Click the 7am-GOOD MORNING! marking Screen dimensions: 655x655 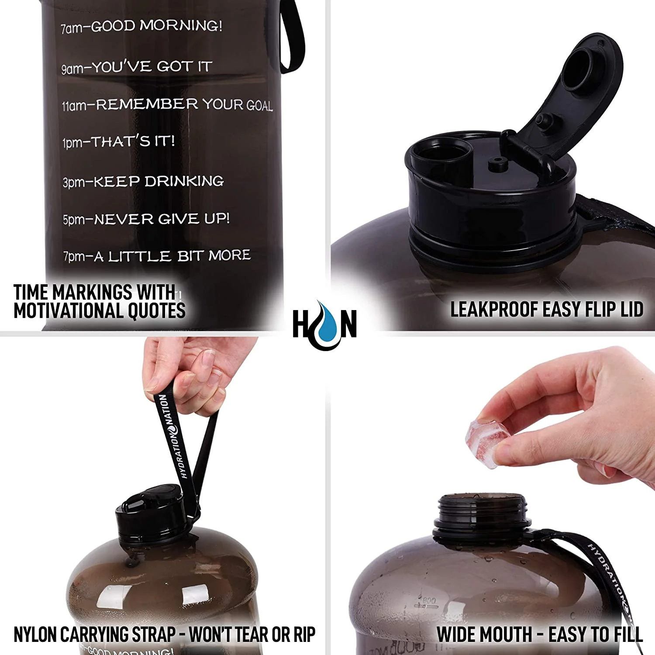(x=141, y=27)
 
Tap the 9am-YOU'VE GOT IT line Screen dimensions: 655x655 (x=137, y=67)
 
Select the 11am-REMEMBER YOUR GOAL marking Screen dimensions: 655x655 (x=167, y=105)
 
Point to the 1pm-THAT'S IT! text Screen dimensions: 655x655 (x=118, y=141)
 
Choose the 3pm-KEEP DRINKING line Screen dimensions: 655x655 (x=143, y=181)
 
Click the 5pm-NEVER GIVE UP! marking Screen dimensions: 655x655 (x=146, y=219)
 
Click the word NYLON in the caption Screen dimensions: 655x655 (x=35, y=634)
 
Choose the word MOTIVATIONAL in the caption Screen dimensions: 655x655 (x=63, y=311)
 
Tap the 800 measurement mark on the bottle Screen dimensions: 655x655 (x=429, y=601)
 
